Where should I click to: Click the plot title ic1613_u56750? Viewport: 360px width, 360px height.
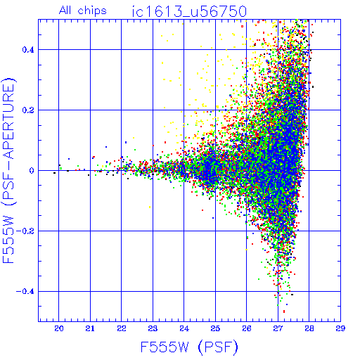[189, 12]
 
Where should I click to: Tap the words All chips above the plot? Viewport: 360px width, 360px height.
[83, 11]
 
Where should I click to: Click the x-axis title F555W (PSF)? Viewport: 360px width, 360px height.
[189, 347]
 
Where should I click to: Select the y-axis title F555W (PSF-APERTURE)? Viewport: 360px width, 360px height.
[9, 171]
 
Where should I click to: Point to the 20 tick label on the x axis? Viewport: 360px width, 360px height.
[59, 328]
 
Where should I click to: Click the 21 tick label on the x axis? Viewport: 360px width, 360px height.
[90, 328]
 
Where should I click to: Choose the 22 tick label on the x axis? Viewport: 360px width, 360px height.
[122, 328]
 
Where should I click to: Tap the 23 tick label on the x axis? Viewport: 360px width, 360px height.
[153, 328]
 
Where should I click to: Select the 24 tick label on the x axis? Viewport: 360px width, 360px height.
[184, 328]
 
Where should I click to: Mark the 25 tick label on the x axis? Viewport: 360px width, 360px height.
[215, 328]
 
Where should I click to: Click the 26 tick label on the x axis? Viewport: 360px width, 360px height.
[247, 328]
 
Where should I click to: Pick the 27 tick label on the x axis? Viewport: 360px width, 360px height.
[278, 328]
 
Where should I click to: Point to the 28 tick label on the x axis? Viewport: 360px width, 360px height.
[309, 328]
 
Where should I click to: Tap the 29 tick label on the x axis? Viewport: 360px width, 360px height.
[340, 328]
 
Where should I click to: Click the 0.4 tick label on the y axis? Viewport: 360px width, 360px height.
[28, 50]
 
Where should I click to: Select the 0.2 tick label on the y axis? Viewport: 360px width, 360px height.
[28, 110]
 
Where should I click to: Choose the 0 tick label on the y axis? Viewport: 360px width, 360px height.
[32, 171]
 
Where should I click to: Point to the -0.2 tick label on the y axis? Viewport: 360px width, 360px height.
[25, 231]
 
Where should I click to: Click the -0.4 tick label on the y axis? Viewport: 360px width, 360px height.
[25, 292]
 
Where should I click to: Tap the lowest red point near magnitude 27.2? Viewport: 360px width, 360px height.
[284, 311]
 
